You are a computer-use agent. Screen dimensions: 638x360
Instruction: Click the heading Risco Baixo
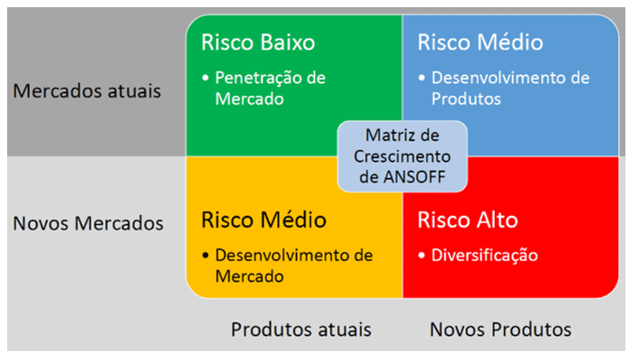[258, 42]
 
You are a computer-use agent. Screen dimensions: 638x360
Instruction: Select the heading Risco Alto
[468, 220]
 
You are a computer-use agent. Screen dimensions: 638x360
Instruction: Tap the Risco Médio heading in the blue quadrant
[481, 42]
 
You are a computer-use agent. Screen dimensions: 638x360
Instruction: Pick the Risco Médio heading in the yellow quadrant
[264, 220]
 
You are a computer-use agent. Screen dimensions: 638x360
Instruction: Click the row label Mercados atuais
[87, 91]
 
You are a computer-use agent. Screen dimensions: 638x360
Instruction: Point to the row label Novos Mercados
[88, 223]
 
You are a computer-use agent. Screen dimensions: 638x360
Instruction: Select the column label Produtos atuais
[301, 329]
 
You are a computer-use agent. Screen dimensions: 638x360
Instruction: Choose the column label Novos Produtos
[500, 329]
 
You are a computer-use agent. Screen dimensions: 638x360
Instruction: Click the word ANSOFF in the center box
[414, 177]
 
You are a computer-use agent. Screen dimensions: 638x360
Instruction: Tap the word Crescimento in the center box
[402, 157]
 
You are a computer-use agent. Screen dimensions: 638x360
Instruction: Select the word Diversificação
[485, 256]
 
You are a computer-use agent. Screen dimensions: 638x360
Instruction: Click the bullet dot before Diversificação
[421, 256]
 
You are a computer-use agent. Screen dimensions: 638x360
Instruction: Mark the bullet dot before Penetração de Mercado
[205, 77]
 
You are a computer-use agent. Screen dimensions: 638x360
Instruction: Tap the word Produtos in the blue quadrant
[466, 99]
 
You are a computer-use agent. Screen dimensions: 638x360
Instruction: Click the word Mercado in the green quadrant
[249, 99]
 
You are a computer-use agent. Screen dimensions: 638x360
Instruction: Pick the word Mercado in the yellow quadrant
[249, 276]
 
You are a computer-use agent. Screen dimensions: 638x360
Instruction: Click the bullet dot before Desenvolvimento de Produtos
[421, 77]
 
